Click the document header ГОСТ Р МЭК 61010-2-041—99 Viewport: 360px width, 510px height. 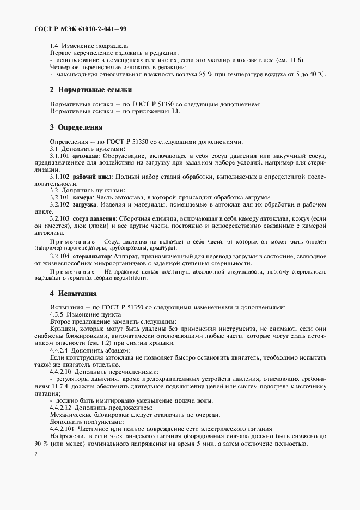[81, 28]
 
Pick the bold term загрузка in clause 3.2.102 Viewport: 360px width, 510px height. [86, 204]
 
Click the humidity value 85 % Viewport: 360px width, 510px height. [182, 74]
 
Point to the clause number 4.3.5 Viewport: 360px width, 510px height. [58, 315]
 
